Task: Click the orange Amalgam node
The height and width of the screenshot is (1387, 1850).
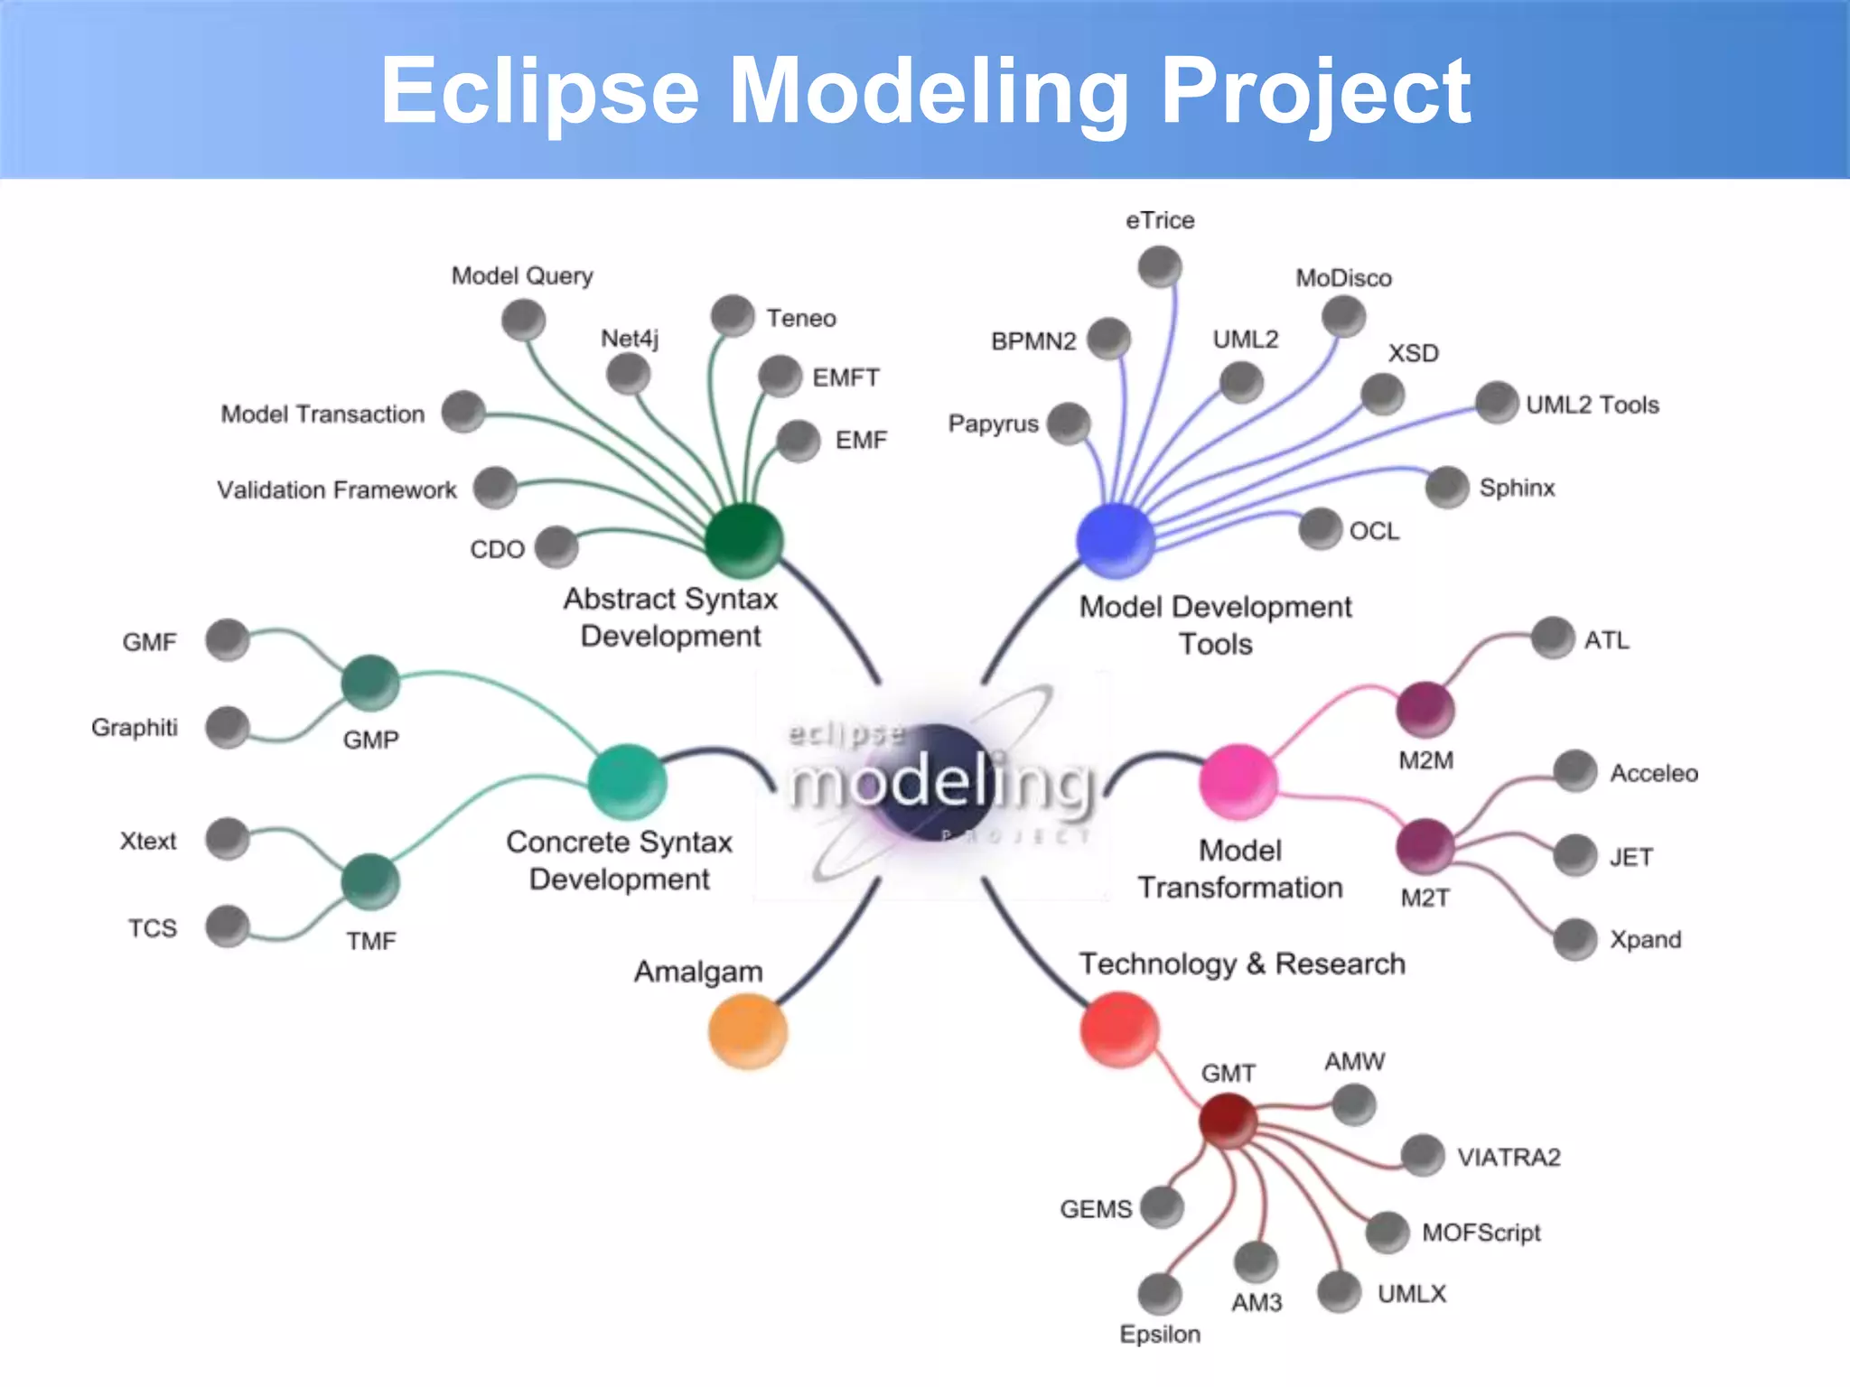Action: [747, 1030]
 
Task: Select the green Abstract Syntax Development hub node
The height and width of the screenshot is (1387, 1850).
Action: [743, 540]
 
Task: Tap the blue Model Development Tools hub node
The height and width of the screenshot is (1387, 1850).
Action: [1116, 540]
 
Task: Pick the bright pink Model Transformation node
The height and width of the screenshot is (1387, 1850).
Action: [1238, 781]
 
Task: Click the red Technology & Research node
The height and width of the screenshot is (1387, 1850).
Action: [1119, 1029]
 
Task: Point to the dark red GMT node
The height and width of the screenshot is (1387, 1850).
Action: [1228, 1120]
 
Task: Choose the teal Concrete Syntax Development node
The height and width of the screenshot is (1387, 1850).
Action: [627, 781]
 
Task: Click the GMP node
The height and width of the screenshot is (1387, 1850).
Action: [370, 683]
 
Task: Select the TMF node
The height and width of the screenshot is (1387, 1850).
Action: [370, 880]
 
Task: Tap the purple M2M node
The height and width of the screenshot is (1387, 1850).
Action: [1425, 708]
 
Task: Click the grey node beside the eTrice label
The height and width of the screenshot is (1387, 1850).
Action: [1160, 267]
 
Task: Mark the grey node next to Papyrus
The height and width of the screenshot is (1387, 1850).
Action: [1070, 424]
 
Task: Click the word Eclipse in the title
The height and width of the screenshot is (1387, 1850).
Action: [540, 91]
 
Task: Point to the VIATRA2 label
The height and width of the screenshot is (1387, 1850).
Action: [1509, 1157]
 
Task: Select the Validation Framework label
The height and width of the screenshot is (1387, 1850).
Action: [337, 489]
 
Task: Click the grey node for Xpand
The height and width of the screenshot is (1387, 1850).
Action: [1575, 939]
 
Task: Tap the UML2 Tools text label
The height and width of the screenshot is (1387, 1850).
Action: [1593, 405]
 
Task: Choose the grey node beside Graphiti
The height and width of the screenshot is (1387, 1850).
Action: [228, 727]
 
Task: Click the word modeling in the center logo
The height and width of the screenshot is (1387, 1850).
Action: [939, 782]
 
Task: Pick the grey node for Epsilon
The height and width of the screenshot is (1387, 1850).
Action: [1160, 1294]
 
